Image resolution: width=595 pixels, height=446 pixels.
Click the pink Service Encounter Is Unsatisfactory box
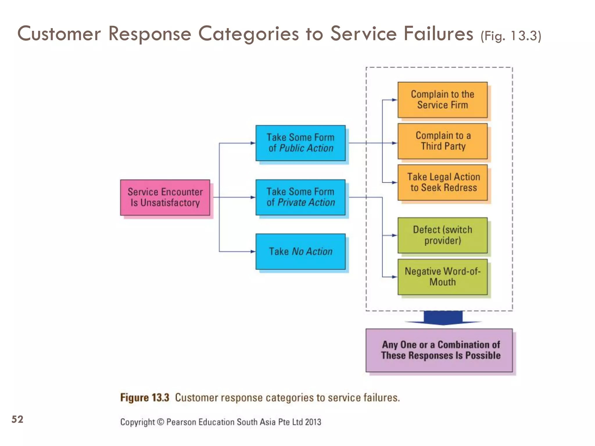pyautogui.click(x=165, y=197)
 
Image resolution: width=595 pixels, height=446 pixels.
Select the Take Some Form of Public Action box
pyautogui.click(x=300, y=143)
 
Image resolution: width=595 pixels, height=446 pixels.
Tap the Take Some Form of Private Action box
pyautogui.click(x=300, y=197)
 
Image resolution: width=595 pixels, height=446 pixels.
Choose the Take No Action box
pyautogui.click(x=300, y=251)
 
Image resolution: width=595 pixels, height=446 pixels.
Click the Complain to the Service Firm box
pyautogui.click(x=442, y=100)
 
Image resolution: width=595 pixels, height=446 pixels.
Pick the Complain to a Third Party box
pyautogui.click(x=442, y=141)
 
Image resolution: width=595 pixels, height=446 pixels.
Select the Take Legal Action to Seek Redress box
pyautogui.click(x=442, y=182)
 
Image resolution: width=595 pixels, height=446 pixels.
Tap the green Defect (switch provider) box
pyautogui.click(x=442, y=235)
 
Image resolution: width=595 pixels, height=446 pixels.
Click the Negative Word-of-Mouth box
pyautogui.click(x=442, y=277)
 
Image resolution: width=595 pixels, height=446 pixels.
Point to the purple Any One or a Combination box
pyautogui.click(x=439, y=350)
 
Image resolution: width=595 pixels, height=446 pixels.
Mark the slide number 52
pyautogui.click(x=17, y=419)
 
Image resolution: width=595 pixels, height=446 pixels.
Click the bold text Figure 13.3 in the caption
pyautogui.click(x=145, y=398)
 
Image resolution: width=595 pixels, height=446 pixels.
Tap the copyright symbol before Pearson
pyautogui.click(x=160, y=422)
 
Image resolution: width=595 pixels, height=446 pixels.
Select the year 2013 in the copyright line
pyautogui.click(x=313, y=422)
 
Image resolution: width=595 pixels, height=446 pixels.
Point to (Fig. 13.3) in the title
pyautogui.click(x=510, y=36)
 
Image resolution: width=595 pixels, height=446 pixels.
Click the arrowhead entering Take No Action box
pyautogui.click(x=253, y=251)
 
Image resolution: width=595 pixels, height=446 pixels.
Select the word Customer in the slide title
pyautogui.click(x=59, y=34)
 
